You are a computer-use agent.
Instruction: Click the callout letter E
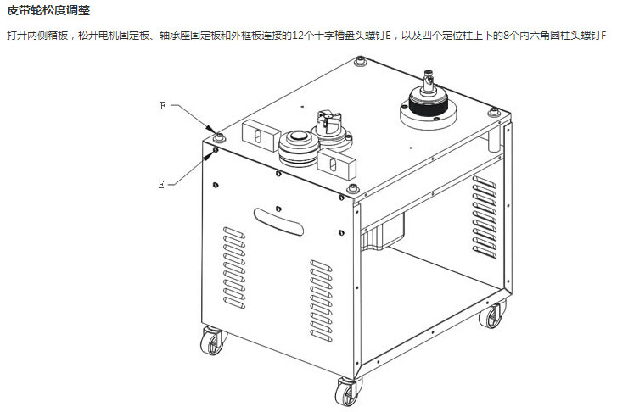[x=162, y=183]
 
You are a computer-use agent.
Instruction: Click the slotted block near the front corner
[x=339, y=161]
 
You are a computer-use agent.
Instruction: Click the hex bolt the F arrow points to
[x=221, y=136]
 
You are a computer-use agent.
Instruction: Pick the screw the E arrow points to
[x=216, y=150]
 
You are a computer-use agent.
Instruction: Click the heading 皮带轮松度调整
[x=48, y=11]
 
